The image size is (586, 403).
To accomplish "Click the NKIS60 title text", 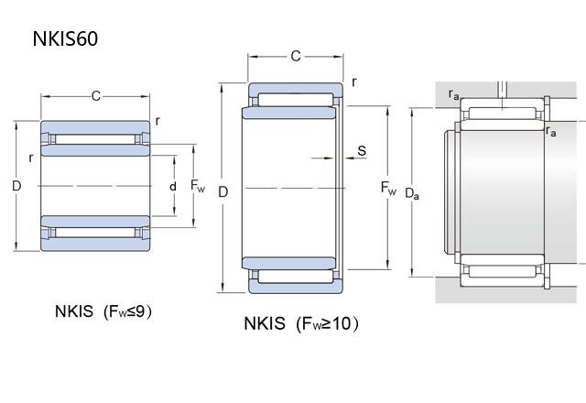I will pyautogui.click(x=65, y=38).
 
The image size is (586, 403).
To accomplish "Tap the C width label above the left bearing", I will pyautogui.click(x=96, y=96).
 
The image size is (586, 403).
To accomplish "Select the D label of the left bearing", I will pyautogui.click(x=16, y=186).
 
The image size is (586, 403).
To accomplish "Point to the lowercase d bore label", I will pyautogui.click(x=172, y=186).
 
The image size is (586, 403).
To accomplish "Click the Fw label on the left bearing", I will pyautogui.click(x=198, y=186).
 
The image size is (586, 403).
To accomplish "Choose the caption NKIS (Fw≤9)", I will pyautogui.click(x=103, y=311).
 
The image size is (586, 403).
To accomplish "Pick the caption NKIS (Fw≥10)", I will pyautogui.click(x=301, y=323).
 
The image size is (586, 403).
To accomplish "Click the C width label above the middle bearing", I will pyautogui.click(x=295, y=57).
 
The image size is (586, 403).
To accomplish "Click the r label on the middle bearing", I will pyautogui.click(x=354, y=82).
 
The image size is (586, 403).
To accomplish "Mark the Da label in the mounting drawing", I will pyautogui.click(x=413, y=193).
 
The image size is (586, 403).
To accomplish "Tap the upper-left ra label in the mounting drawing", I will pyautogui.click(x=454, y=93).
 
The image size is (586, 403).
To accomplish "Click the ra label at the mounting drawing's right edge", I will pyautogui.click(x=551, y=132).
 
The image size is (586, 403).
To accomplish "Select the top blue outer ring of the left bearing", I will pyautogui.click(x=96, y=125).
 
